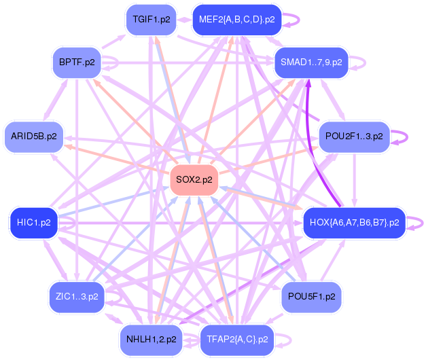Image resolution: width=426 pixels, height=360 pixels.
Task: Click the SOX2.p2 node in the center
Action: click(x=194, y=180)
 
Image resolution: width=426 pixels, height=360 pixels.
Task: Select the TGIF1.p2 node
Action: click(x=151, y=20)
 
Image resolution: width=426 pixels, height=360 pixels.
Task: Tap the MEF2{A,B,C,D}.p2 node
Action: click(x=236, y=20)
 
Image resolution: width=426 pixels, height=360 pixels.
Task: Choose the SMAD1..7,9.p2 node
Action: click(x=310, y=62)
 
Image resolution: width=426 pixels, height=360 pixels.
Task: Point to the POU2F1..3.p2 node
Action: click(x=354, y=136)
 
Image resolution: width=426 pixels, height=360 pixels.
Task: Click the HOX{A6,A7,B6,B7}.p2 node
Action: click(x=353, y=222)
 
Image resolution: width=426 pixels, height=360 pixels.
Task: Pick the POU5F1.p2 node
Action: click(x=311, y=297)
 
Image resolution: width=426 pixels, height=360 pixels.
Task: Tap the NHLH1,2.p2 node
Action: click(x=151, y=339)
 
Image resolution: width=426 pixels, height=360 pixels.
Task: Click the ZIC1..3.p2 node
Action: click(x=77, y=297)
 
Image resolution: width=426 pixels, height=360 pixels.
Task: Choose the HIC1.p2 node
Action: click(x=33, y=222)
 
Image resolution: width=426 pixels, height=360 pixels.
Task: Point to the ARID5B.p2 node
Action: click(x=33, y=136)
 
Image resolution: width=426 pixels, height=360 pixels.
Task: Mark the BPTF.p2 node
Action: click(x=77, y=62)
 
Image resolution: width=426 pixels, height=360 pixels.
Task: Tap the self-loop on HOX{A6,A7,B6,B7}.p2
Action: click(x=416, y=222)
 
